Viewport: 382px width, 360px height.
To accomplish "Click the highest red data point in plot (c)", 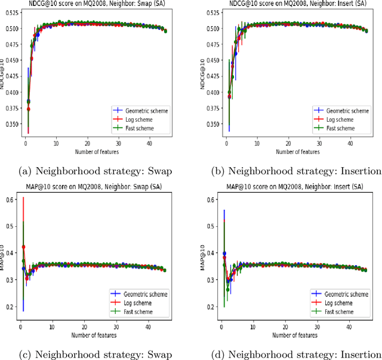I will coord(24,247).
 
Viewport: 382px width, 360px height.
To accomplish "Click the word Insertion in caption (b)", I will coord(361,171).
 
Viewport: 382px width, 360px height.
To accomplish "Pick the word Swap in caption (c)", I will coord(160,353).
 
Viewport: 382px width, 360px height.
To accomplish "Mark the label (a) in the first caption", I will coord(26,171).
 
